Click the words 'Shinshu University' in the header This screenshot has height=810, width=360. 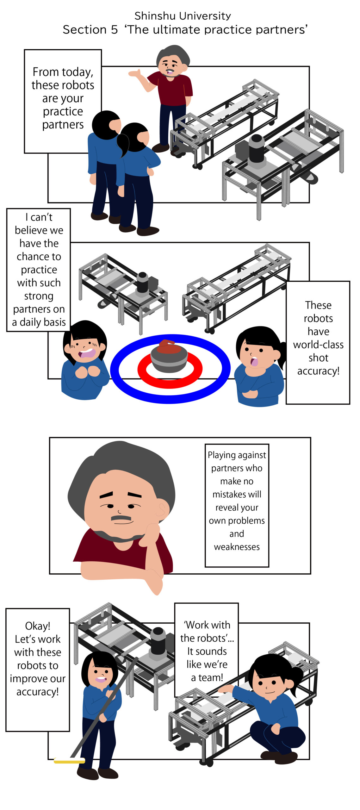[x=183, y=16]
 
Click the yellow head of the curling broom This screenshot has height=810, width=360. [x=69, y=761]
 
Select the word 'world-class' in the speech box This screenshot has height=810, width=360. [x=318, y=344]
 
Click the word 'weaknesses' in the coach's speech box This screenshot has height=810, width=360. [x=237, y=547]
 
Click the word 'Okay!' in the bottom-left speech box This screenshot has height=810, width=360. [x=38, y=626]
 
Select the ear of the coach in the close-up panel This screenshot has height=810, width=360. [x=162, y=509]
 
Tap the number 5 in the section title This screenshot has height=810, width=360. [x=114, y=30]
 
